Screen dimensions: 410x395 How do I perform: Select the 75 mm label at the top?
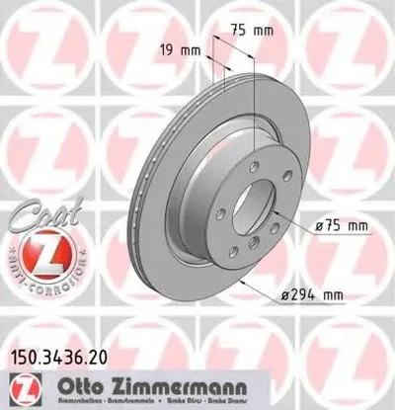tap(255, 30)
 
